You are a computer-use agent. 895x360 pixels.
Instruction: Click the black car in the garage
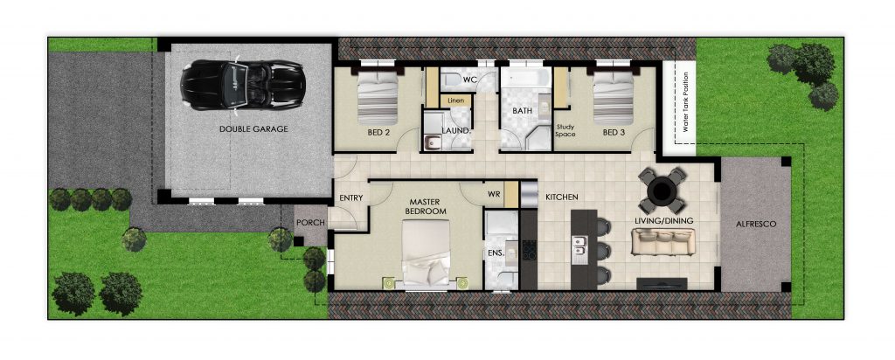pyautogui.click(x=243, y=85)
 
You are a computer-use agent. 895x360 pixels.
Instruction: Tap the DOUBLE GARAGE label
pyautogui.click(x=253, y=129)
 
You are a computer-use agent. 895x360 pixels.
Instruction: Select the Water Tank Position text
pyautogui.click(x=685, y=102)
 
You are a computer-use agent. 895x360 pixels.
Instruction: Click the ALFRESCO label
pyautogui.click(x=756, y=225)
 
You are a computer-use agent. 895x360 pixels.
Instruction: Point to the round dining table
pyautogui.click(x=663, y=190)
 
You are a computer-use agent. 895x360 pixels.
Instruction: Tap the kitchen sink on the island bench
pyautogui.click(x=581, y=250)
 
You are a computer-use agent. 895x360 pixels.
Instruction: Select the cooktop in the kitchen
pyautogui.click(x=529, y=249)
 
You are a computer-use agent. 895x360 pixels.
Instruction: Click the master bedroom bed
pyautogui.click(x=426, y=253)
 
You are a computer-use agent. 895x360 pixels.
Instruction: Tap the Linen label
pyautogui.click(x=456, y=101)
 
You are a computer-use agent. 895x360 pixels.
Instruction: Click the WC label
pyautogui.click(x=469, y=80)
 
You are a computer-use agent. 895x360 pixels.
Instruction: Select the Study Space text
pyautogui.click(x=565, y=131)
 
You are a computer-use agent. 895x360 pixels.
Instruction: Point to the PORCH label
pyautogui.click(x=310, y=223)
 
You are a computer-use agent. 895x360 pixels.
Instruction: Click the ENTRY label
pyautogui.click(x=351, y=198)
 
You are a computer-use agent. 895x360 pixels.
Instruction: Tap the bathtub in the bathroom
pyautogui.click(x=525, y=77)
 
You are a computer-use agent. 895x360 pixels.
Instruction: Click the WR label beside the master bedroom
pyautogui.click(x=494, y=195)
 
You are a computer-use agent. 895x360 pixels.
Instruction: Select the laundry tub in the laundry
pyautogui.click(x=431, y=142)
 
